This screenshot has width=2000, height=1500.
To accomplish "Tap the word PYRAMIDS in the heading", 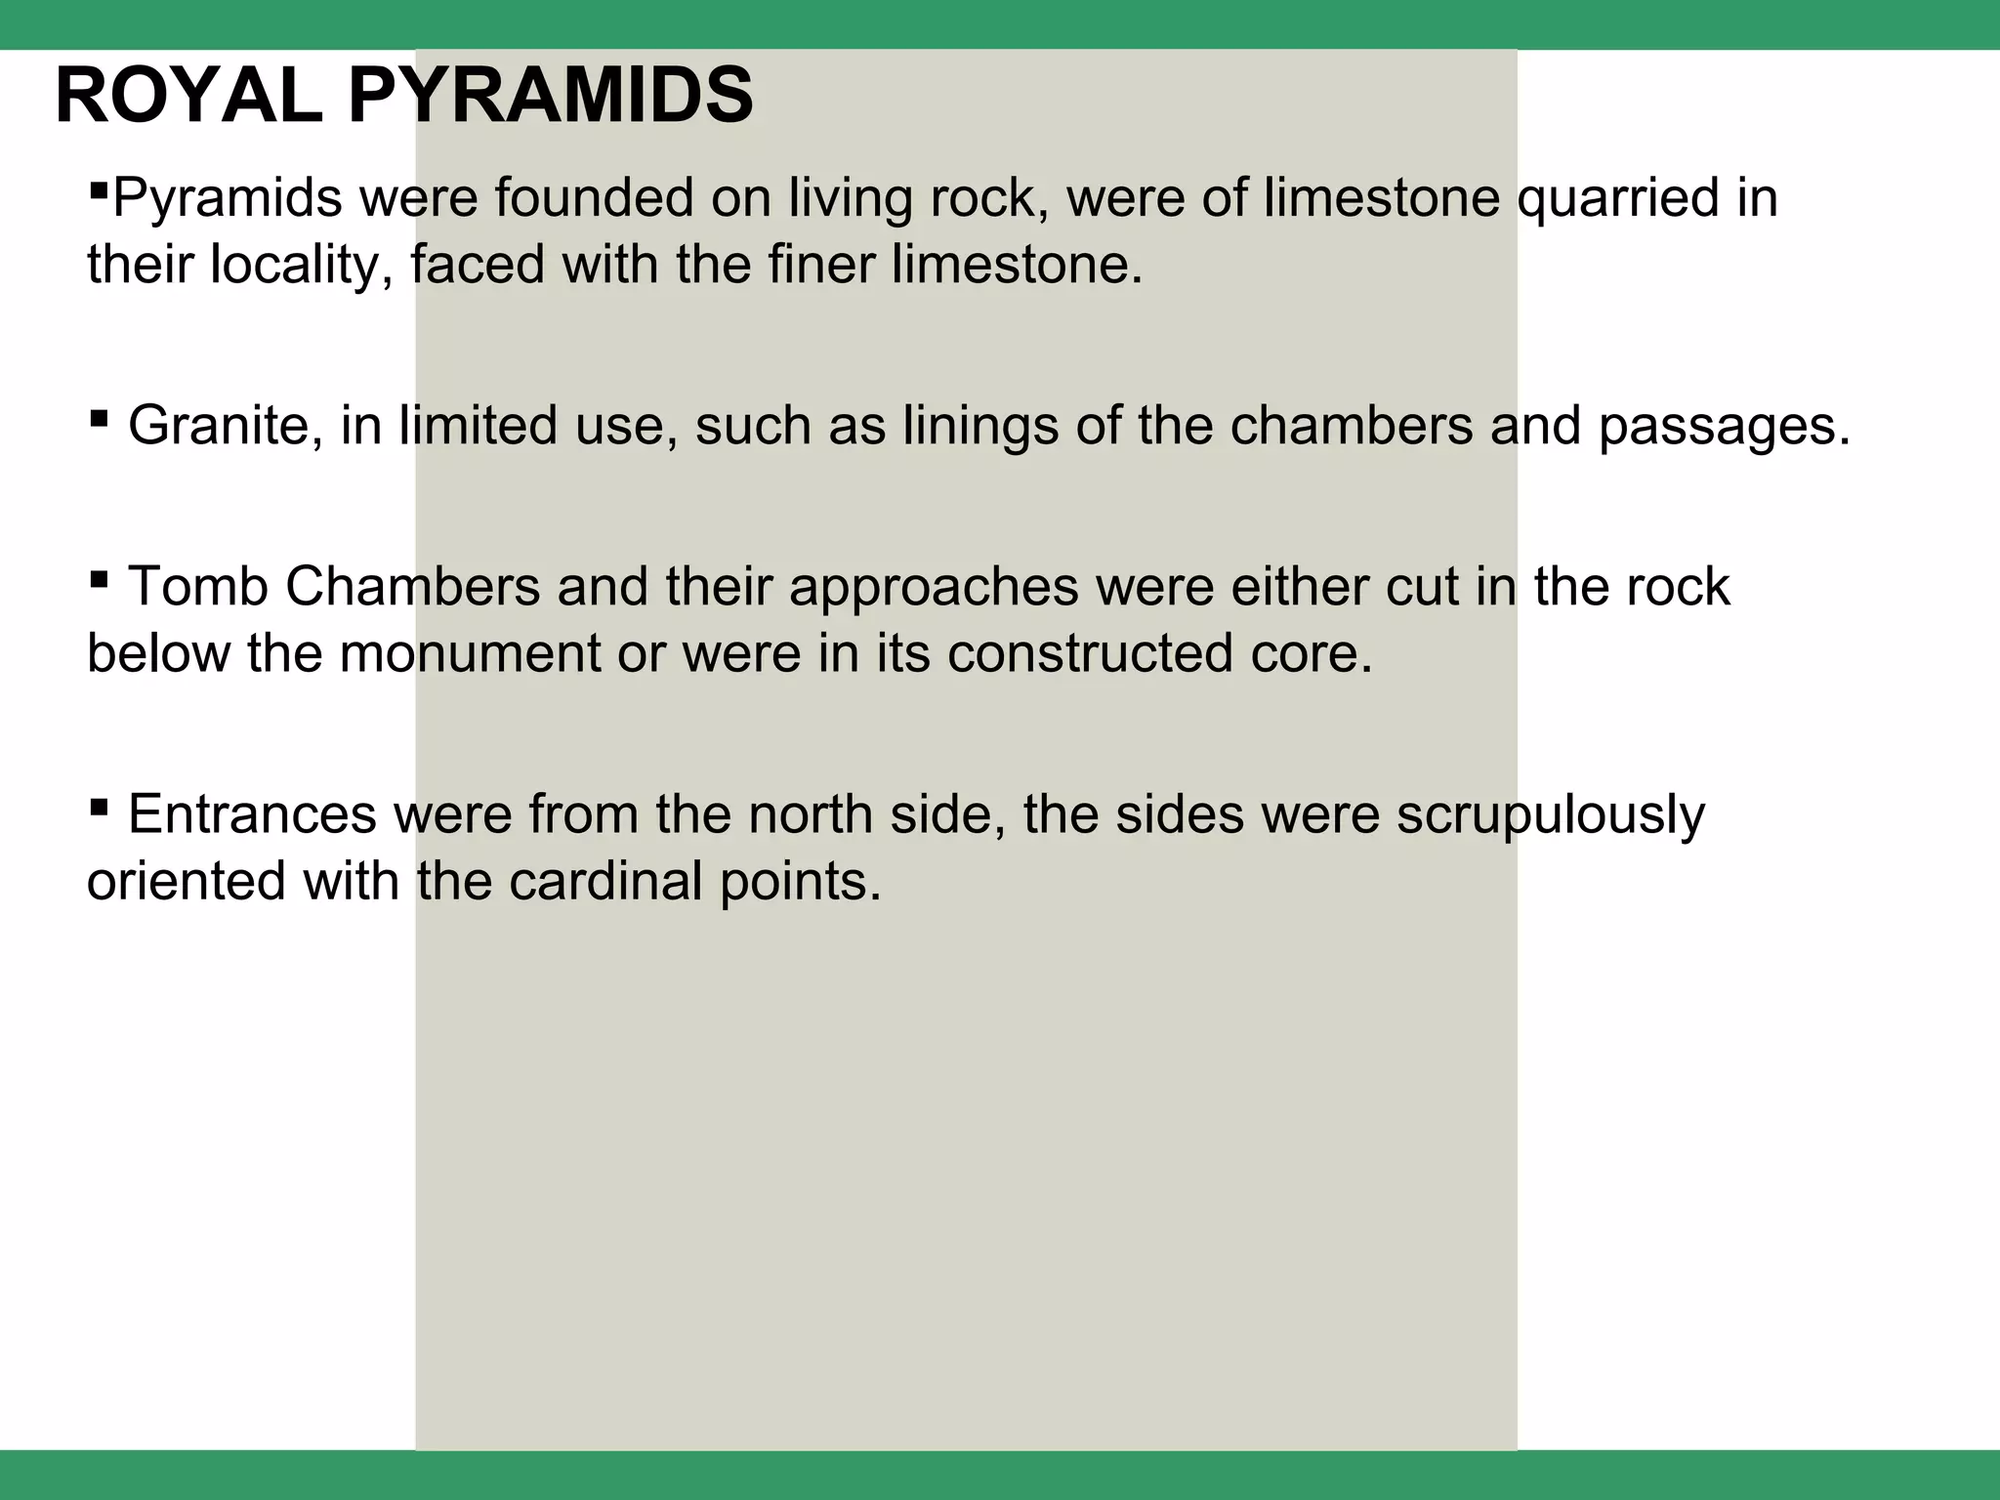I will [551, 97].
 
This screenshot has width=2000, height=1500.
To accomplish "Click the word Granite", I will [226, 426].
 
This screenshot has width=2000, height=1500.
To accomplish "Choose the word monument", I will [470, 653].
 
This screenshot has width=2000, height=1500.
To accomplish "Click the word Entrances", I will [252, 814].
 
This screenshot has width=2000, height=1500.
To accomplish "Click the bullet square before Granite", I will [99, 419].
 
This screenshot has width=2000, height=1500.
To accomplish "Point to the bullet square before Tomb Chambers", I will [99, 580].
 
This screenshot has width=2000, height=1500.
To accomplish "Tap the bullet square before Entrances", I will [99, 808].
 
